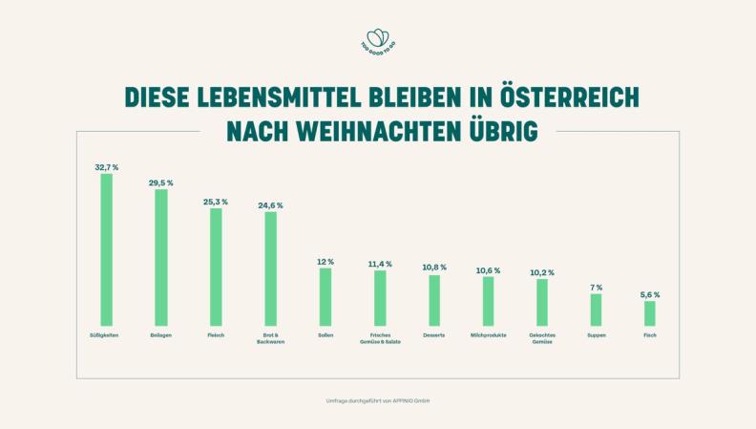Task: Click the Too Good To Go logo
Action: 377,41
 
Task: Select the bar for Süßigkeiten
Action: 107,249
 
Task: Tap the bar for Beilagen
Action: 161,257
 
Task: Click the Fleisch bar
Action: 216,267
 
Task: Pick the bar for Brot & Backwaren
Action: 270,268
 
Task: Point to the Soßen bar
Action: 325,296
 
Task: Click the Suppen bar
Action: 596,310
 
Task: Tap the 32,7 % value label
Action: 107,167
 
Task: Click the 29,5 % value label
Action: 161,182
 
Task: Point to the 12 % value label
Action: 325,262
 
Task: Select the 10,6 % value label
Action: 488,270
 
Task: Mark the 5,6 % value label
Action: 650,294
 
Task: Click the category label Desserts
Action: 433,335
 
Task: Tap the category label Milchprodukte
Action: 488,335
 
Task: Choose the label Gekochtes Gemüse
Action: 542,338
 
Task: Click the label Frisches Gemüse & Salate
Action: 379,338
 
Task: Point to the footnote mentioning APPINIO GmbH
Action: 378,400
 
